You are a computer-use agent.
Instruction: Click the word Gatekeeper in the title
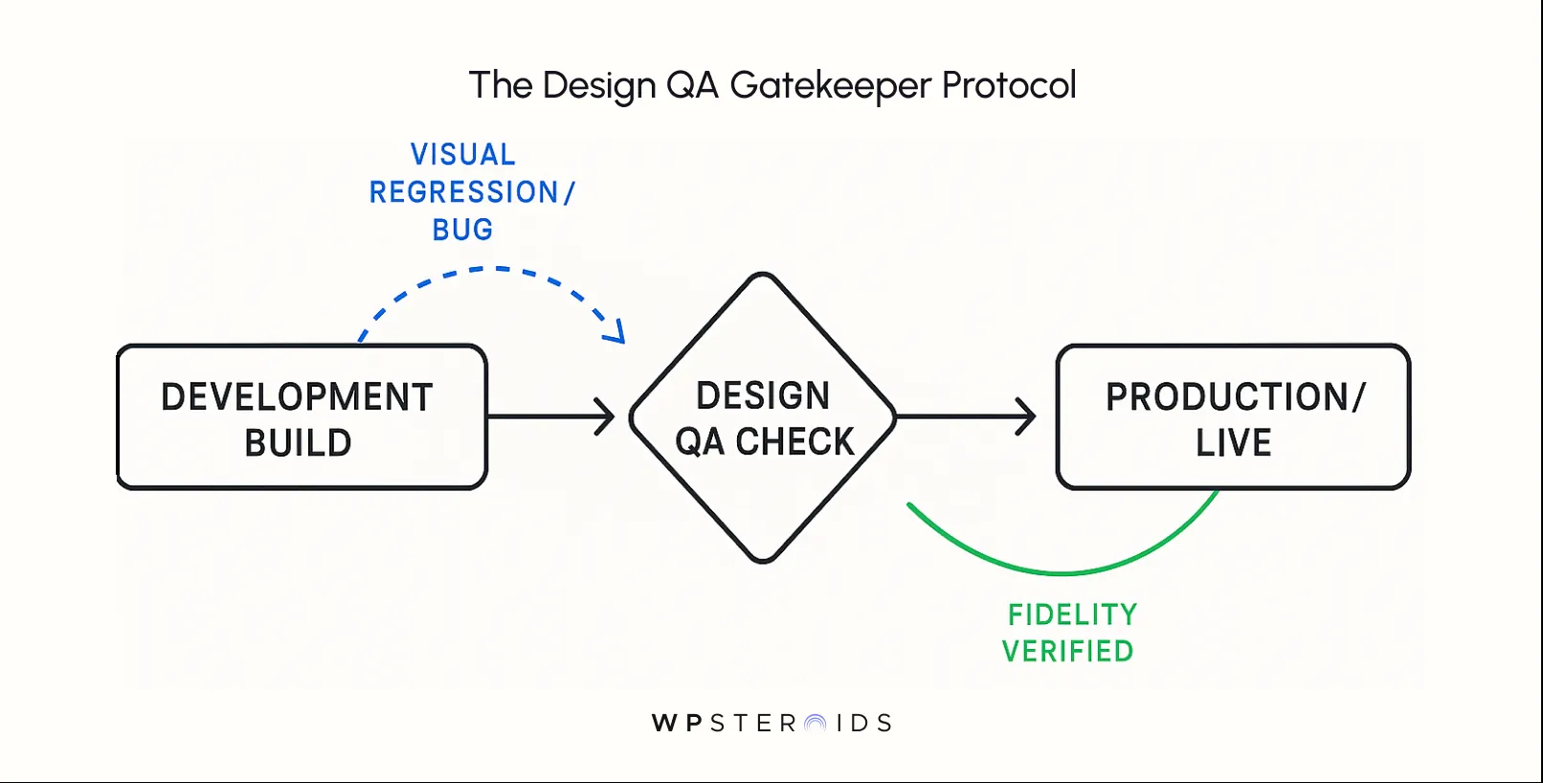coord(830,86)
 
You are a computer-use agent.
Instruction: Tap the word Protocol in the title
coord(1009,85)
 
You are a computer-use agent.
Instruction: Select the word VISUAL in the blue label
coord(463,154)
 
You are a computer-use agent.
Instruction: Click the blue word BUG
coord(463,230)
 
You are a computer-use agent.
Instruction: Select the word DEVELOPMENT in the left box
coord(297,397)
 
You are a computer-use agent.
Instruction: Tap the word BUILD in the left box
coord(298,443)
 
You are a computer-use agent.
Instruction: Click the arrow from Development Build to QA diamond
coord(550,416)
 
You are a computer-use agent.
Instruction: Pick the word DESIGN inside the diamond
coord(763,395)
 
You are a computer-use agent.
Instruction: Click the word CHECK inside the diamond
coord(794,442)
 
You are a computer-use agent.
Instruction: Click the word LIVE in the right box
coord(1233,443)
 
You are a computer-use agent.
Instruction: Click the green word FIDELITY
coord(1072,615)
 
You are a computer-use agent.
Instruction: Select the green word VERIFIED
coord(1067,652)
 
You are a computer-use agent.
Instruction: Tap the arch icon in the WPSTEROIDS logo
coord(816,724)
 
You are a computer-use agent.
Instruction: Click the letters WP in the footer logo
coord(677,724)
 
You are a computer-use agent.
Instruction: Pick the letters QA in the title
coord(692,86)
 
